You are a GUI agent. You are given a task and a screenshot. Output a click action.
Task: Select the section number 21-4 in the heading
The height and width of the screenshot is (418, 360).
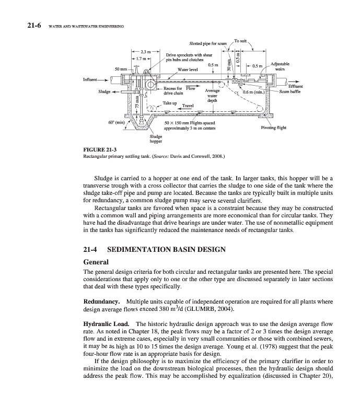[x=93, y=250]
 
